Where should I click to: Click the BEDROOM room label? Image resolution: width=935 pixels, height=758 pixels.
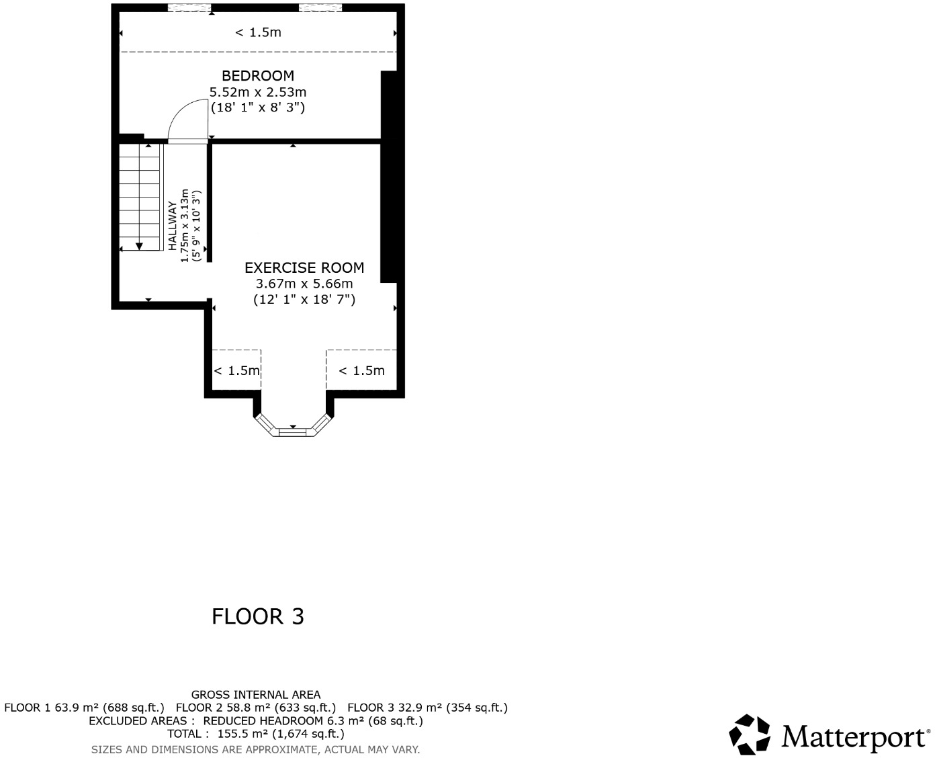coord(258,76)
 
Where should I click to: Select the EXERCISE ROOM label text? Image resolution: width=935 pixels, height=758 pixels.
coord(304,267)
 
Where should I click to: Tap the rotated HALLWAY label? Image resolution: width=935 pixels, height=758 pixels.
coord(173,226)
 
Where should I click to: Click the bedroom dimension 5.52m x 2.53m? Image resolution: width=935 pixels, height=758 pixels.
coord(258,92)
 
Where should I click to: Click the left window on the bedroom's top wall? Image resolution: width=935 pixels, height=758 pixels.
coord(189,7)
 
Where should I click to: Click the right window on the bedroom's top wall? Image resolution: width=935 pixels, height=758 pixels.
coord(320,7)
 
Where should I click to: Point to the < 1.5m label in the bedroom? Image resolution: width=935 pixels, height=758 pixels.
coord(258,32)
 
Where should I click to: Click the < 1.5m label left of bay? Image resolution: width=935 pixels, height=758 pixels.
coord(236,371)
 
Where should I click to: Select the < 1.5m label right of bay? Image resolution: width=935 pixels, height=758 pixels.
coord(361,371)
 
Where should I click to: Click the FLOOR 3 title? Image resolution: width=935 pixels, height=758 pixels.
coord(258,616)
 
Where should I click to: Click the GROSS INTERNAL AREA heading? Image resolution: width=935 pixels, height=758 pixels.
coord(256,695)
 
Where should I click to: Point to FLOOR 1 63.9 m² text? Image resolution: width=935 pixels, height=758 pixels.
coord(84,708)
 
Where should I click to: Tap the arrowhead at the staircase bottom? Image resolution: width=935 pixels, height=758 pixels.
coord(140,246)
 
